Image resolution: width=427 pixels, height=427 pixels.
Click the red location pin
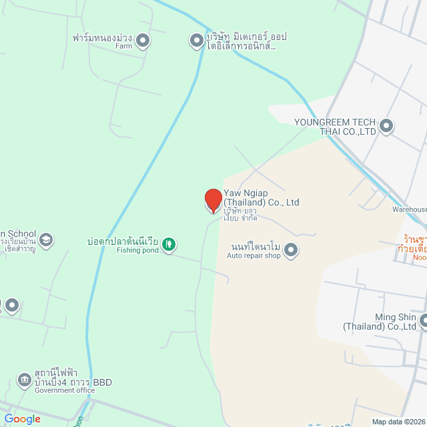(213, 199)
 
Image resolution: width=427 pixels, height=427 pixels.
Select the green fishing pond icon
(169, 245)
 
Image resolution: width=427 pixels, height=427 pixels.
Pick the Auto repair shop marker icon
(291, 250)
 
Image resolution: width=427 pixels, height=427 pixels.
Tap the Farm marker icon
(143, 42)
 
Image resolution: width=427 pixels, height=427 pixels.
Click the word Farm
(124, 47)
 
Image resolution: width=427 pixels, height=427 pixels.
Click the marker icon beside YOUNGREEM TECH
(386, 125)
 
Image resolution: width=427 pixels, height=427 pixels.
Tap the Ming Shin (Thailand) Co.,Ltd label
(379, 322)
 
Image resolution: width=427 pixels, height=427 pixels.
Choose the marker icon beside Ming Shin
(423, 322)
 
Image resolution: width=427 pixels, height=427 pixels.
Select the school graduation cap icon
(45, 240)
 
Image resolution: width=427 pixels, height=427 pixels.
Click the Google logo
(22, 419)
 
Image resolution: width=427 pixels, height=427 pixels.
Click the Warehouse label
(409, 209)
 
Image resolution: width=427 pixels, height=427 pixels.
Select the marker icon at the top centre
(197, 41)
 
